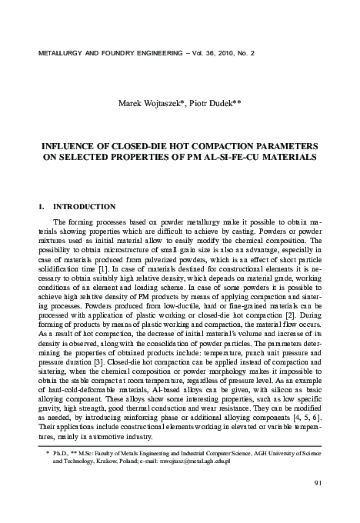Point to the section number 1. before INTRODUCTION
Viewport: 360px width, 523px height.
click(x=42, y=207)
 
